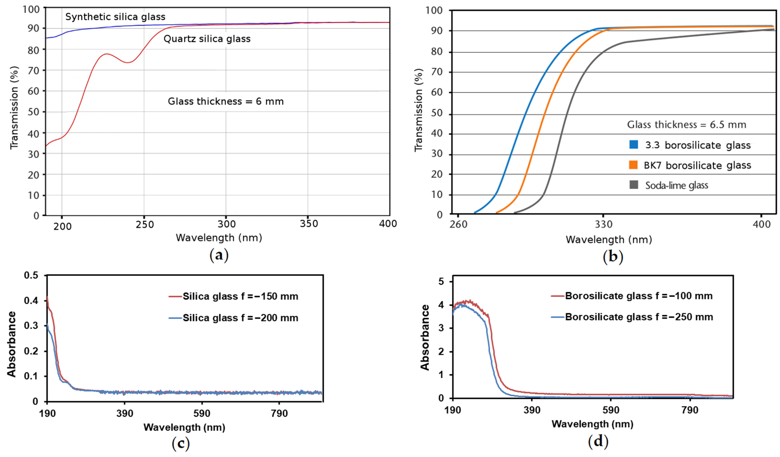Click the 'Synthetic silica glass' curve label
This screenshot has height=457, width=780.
115,17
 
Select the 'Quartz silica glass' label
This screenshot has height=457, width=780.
207,39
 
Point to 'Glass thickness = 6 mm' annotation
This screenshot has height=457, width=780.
226,101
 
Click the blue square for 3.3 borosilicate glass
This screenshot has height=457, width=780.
634,145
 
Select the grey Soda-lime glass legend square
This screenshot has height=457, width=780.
634,185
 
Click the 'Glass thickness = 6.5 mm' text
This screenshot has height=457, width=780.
687,125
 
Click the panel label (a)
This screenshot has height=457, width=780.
219,256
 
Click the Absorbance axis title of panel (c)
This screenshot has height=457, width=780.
12,344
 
